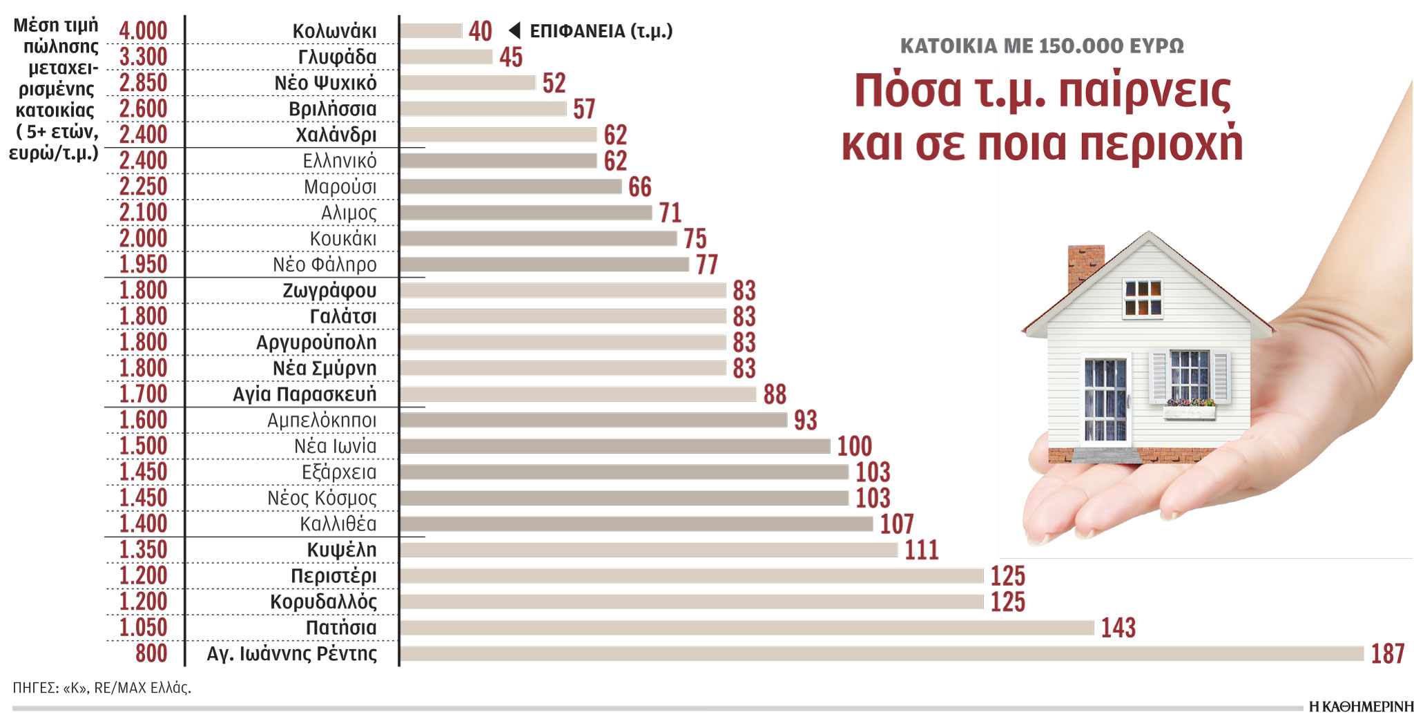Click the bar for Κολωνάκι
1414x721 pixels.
pos(431,31)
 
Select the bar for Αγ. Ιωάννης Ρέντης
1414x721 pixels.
pos(882,653)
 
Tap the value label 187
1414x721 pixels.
pos(1388,653)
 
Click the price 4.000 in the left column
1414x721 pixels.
pos(143,31)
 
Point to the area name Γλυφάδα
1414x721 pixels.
pos(337,57)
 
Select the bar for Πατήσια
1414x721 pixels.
pos(747,628)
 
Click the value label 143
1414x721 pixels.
pos(1118,628)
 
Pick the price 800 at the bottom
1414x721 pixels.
pos(151,653)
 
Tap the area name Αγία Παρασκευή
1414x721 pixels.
pos(304,394)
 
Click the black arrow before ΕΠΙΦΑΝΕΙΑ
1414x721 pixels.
pos(514,30)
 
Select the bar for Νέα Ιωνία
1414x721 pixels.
pos(614,446)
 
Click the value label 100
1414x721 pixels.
pos(854,446)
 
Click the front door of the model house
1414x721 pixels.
pos(1105,400)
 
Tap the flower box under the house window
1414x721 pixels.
pos(1189,411)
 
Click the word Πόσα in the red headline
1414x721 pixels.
pos(907,91)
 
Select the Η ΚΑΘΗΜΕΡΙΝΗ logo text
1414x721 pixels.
pos(1360,706)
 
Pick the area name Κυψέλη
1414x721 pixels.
pos(342,550)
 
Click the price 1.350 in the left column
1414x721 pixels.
pos(143,550)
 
